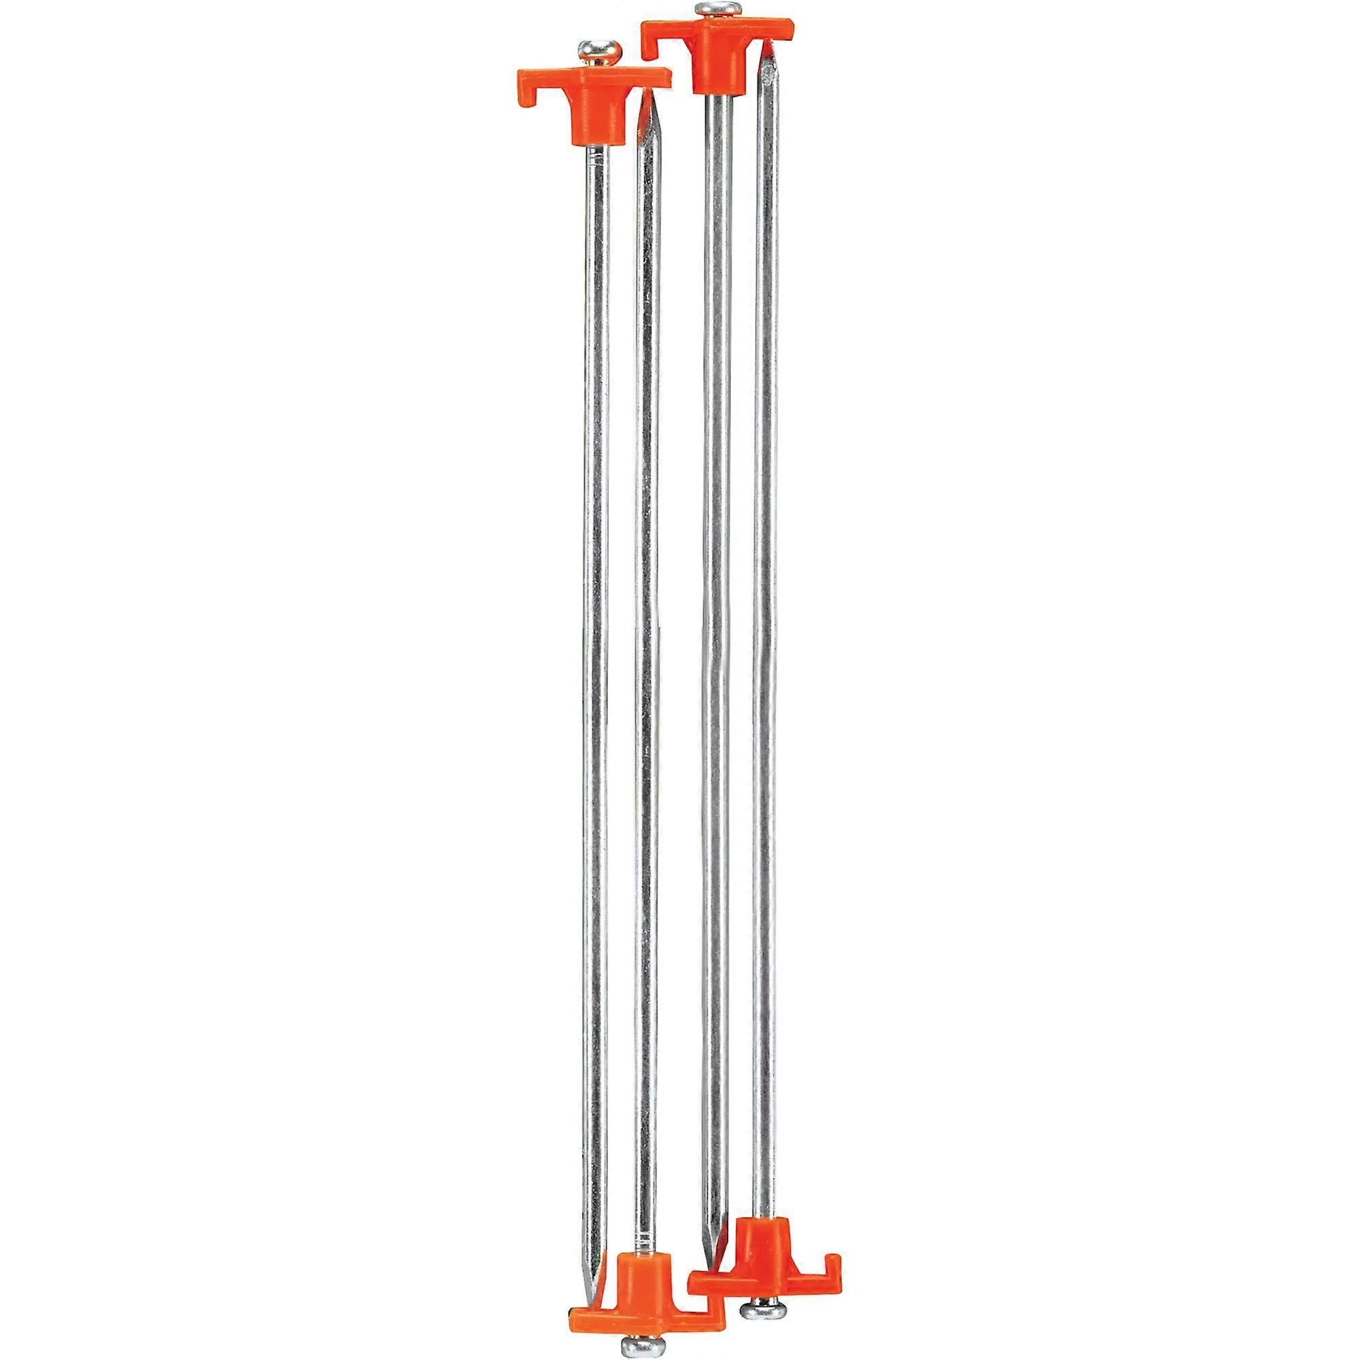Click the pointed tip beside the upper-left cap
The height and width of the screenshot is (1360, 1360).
pyautogui.click(x=647, y=105)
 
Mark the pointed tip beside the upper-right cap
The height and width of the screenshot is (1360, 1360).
pyautogui.click(x=769, y=49)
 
